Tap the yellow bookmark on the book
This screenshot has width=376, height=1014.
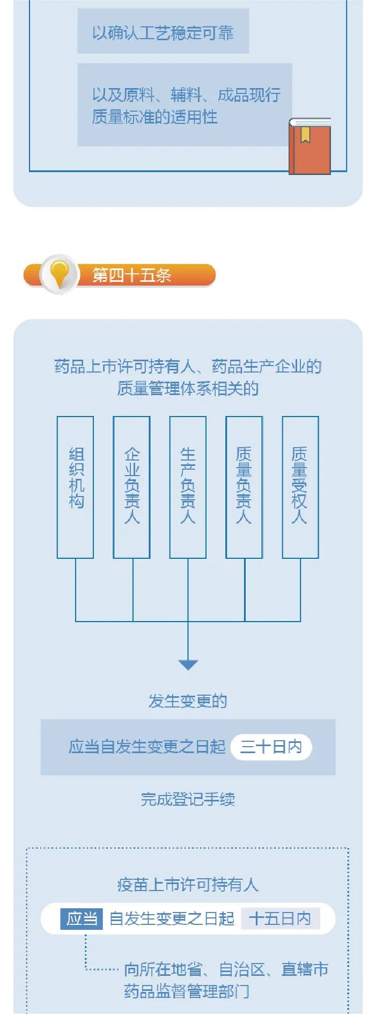[305, 134]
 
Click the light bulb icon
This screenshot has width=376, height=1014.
[59, 274]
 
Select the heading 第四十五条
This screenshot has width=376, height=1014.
[132, 276]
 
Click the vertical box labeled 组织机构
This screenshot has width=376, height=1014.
[76, 487]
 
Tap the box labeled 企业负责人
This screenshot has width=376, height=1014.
[131, 487]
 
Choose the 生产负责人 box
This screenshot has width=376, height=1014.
[188, 487]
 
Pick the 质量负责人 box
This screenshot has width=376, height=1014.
[244, 487]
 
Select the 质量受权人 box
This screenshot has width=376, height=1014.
[300, 487]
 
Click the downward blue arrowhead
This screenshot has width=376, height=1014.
[188, 665]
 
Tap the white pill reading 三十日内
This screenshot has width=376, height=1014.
[271, 747]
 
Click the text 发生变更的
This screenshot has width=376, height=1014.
[188, 701]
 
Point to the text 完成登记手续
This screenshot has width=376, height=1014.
[188, 799]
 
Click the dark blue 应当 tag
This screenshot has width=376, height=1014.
[82, 918]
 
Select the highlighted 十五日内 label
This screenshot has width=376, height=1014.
[280, 918]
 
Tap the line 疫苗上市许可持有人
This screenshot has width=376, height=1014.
[188, 885]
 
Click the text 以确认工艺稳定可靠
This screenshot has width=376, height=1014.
[163, 33]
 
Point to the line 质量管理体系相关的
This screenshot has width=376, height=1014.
[188, 388]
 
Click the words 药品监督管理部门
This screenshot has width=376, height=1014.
[187, 991]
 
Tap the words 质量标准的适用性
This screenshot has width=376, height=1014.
[154, 117]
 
